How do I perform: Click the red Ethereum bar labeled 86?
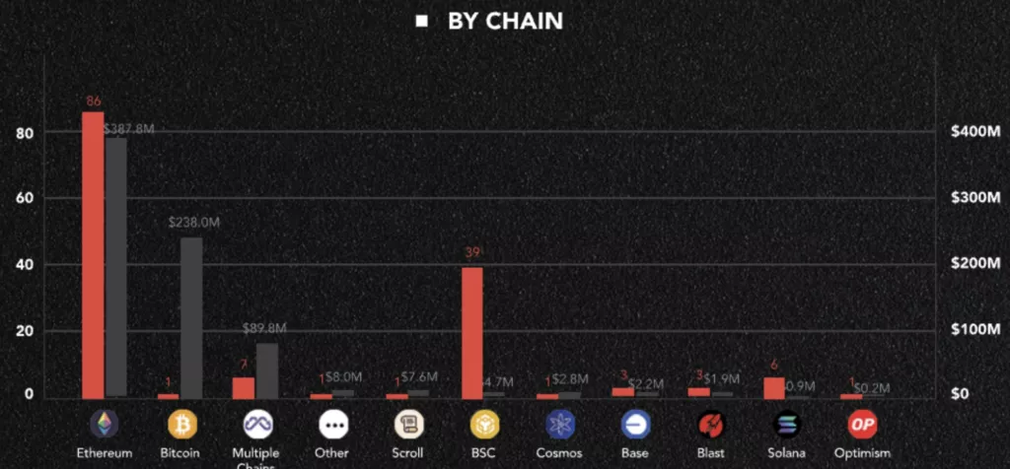(x=93, y=254)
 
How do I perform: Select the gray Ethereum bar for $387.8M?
(x=116, y=267)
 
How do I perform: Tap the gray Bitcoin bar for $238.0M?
(x=191, y=317)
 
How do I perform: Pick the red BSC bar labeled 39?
(x=472, y=332)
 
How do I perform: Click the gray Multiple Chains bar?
(x=267, y=370)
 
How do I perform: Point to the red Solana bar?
(x=774, y=387)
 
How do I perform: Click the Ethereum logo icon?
(x=104, y=425)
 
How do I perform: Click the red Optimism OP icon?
(x=862, y=425)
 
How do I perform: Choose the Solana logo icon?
(x=786, y=425)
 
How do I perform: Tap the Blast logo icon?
(x=711, y=425)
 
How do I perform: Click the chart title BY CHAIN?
(x=504, y=21)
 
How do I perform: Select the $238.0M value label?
(x=193, y=224)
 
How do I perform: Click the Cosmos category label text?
(x=559, y=453)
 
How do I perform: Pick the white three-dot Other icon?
(x=333, y=425)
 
